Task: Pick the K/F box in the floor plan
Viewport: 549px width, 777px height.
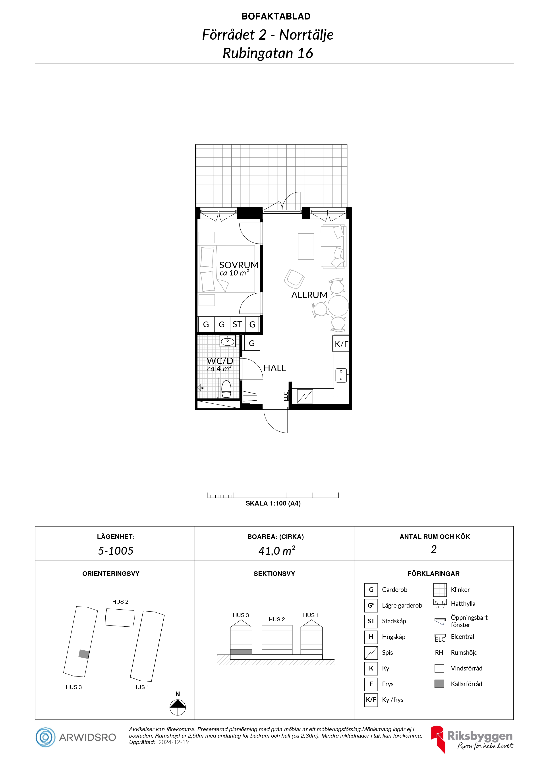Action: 341,344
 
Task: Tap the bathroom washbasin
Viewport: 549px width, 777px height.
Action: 228,341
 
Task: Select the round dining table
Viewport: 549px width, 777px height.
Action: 338,306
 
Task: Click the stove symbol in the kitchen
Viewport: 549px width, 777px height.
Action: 305,396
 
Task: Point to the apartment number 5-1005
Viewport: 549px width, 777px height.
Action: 116,551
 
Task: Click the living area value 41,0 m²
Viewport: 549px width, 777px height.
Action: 277,551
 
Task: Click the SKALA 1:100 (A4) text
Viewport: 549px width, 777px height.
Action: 273,503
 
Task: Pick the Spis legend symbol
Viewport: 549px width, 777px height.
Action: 371,653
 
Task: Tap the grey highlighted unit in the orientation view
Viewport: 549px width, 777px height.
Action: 84,654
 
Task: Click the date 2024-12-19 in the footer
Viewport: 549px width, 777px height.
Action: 174,742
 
